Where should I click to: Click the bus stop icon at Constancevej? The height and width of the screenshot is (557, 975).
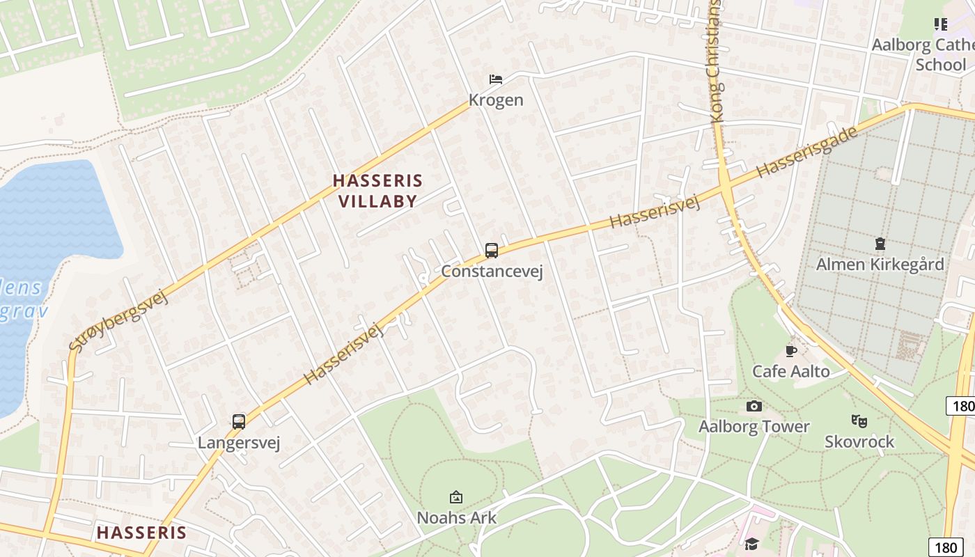point(492,251)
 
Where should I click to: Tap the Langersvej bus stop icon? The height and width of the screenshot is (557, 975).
point(239,421)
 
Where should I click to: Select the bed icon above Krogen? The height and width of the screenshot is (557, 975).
point(496,79)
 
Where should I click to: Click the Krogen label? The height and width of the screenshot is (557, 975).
point(496,100)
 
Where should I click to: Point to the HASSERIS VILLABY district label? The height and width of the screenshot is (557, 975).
point(377,191)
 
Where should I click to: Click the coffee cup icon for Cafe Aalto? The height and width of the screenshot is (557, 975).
point(790,351)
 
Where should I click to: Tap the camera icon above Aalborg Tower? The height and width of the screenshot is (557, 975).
point(754,406)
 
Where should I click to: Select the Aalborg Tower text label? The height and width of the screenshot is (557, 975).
point(754,426)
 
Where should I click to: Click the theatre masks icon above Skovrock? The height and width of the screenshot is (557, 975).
point(859,421)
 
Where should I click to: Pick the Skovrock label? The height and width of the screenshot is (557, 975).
point(859,441)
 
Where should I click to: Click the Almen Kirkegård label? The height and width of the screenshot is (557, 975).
point(880,265)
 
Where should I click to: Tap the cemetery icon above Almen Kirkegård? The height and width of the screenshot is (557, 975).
point(880,244)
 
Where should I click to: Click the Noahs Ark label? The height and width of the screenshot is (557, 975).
point(456,517)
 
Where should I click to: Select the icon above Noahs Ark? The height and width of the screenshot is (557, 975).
point(456,497)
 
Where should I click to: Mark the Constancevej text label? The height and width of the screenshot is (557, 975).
point(492,271)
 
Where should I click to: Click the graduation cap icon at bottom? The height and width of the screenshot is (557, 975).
point(751,544)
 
